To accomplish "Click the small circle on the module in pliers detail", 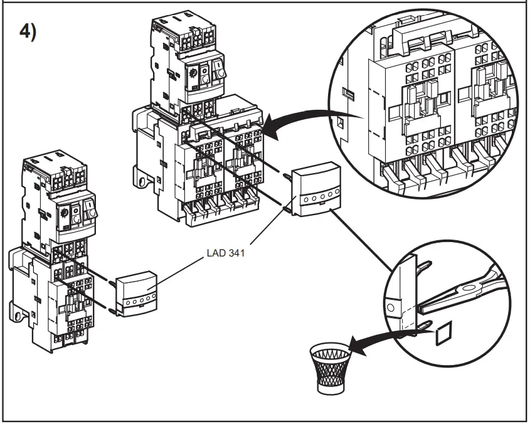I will [x=391, y=309].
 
